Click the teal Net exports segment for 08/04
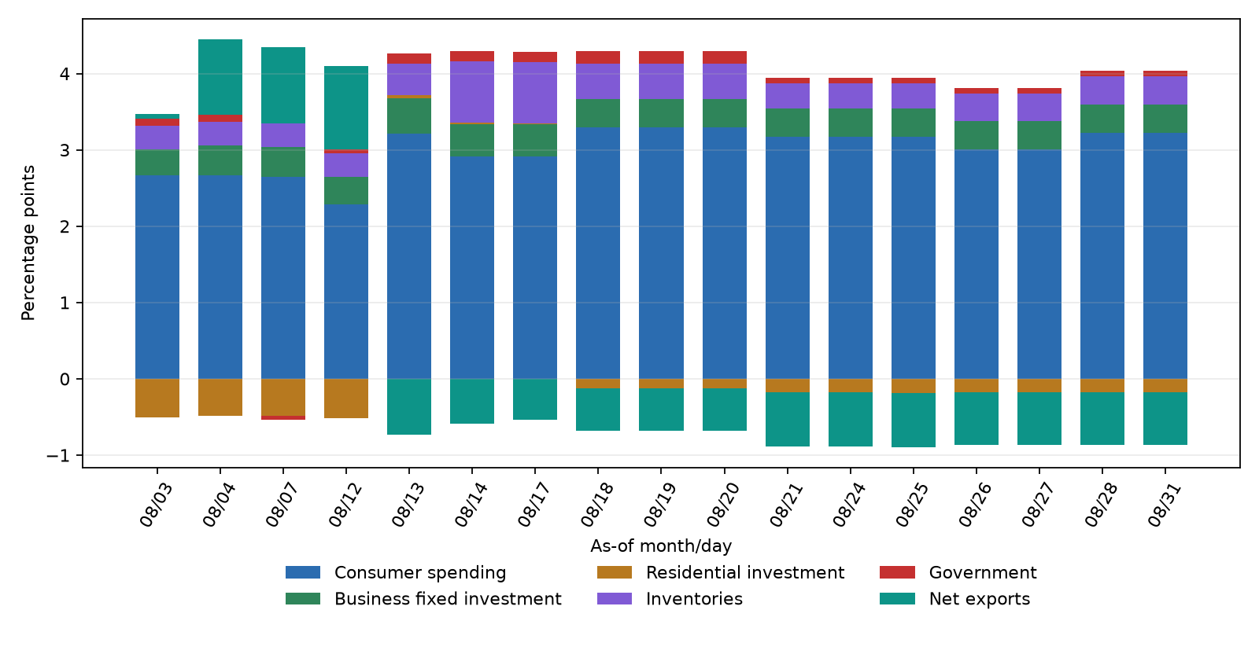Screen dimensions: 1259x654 pos(220,77)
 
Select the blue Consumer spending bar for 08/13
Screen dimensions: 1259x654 pos(409,256)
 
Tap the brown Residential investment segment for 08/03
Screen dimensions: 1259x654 pos(157,398)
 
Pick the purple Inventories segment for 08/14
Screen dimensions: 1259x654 pos(472,91)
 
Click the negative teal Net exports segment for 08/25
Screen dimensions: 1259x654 pos(914,420)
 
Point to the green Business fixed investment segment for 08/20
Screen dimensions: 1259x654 pos(725,113)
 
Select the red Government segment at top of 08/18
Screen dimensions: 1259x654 pos(598,57)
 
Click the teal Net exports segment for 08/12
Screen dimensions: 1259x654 pos(346,108)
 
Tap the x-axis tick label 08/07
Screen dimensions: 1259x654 pos(282,505)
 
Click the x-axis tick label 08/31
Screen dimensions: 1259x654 pos(1164,505)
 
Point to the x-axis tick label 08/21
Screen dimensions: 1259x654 pos(786,505)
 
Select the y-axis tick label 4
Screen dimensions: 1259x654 pos(65,74)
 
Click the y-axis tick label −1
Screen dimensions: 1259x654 pos(58,455)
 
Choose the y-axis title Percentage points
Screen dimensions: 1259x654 pos(28,243)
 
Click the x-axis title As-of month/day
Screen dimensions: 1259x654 pos(661,546)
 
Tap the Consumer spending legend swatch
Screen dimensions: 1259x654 pos(303,572)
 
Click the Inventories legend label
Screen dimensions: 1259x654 pos(694,599)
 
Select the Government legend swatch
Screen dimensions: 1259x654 pos(897,572)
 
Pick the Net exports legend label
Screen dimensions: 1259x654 pos(980,599)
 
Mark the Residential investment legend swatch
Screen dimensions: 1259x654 pos(615,572)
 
